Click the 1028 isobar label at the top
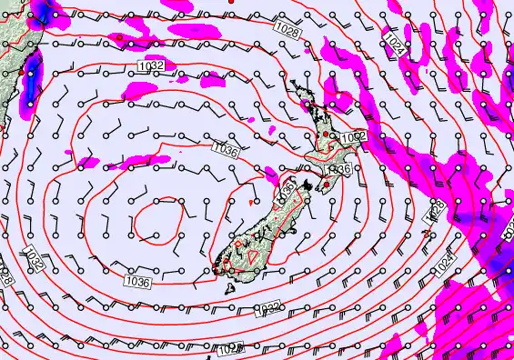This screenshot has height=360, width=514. [x=287, y=31]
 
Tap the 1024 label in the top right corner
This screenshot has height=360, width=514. [x=394, y=43]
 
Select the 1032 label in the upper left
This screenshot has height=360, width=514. [x=151, y=65]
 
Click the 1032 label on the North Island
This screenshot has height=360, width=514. [x=353, y=137]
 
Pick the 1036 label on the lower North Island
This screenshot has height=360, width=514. [x=337, y=170]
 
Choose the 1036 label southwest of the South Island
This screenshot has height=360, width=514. [x=137, y=283]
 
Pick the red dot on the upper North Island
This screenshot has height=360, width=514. [x=325, y=135]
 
